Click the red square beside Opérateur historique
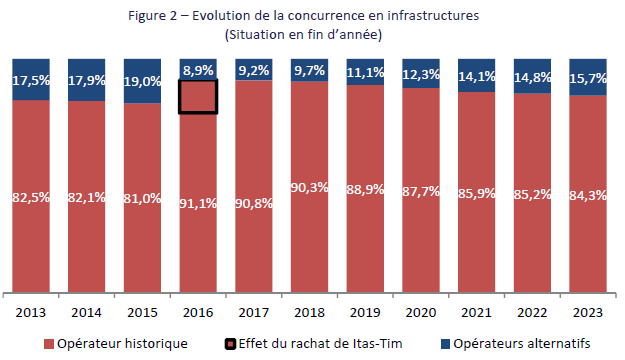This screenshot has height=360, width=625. coord(46,344)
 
